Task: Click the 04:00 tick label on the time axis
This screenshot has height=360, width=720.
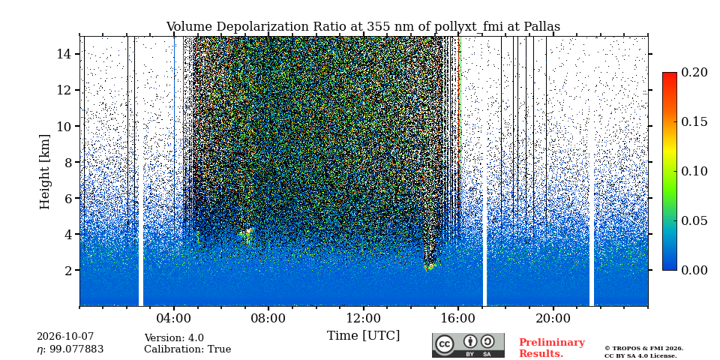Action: [174, 318]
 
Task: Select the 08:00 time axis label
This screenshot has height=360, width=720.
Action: [268, 318]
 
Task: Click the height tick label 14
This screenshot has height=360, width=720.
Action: [64, 54]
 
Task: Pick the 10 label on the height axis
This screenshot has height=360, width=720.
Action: [64, 126]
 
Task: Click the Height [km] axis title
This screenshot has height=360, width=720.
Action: [44, 172]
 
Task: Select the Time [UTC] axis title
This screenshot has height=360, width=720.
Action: [363, 336]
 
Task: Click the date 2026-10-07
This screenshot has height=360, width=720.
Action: [65, 337]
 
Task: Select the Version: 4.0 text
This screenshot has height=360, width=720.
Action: [174, 338]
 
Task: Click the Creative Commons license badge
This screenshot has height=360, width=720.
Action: [468, 345]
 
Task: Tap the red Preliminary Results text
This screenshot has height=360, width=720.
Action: [552, 348]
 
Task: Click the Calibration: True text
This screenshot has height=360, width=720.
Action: [187, 349]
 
